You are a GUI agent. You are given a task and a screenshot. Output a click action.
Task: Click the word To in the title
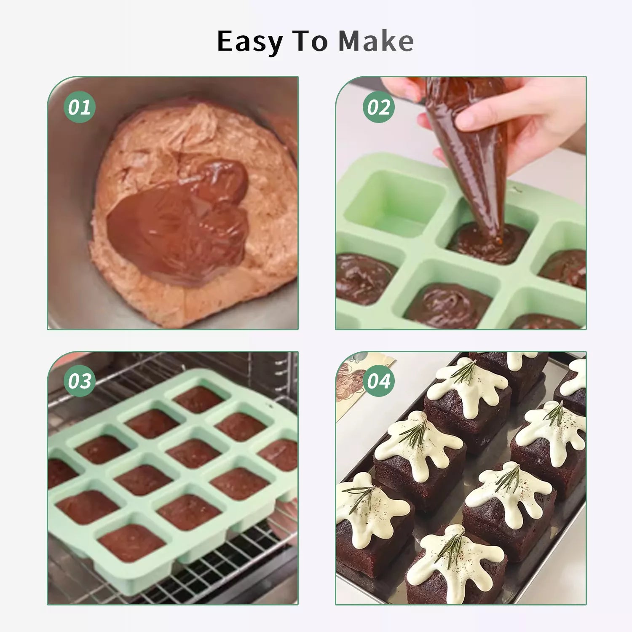(311, 41)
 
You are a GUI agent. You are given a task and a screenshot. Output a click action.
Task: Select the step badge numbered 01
(80, 107)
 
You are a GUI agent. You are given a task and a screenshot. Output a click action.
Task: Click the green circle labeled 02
(379, 107)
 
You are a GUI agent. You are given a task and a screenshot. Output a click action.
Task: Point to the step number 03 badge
(80, 381)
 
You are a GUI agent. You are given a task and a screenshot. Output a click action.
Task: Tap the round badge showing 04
(379, 381)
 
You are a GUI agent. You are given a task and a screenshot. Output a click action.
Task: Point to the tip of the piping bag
(499, 242)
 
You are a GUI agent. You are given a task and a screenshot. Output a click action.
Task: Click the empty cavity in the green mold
(396, 202)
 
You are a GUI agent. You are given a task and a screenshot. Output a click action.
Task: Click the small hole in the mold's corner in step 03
(268, 405)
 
